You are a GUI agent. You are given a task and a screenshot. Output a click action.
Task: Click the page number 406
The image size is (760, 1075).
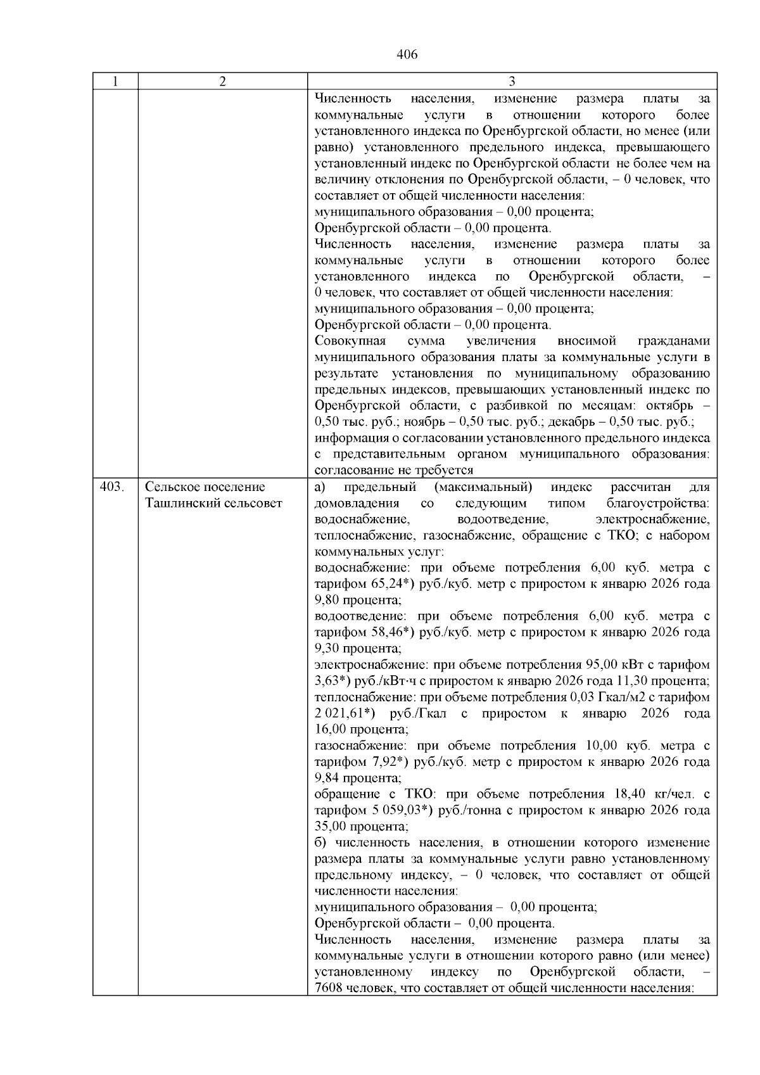407,54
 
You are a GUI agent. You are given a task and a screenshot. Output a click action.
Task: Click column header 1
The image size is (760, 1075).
115,82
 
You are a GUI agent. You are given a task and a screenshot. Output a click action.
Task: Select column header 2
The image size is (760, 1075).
222,82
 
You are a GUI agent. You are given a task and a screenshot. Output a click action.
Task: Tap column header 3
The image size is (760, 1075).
512,82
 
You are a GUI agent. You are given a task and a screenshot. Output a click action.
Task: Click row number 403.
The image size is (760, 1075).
112,487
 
